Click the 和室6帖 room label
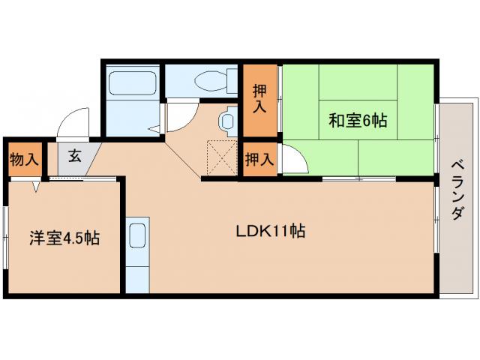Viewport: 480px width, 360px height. point(358,120)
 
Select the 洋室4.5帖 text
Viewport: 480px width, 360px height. point(64,238)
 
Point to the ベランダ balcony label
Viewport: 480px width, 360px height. point(457,190)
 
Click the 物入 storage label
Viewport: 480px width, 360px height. point(24,159)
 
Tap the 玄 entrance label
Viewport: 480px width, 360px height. point(75,157)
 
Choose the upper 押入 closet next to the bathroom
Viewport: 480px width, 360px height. point(259,100)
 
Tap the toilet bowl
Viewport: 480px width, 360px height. point(205,79)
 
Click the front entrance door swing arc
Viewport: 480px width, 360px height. point(73,123)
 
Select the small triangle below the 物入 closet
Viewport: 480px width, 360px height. point(34,187)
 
